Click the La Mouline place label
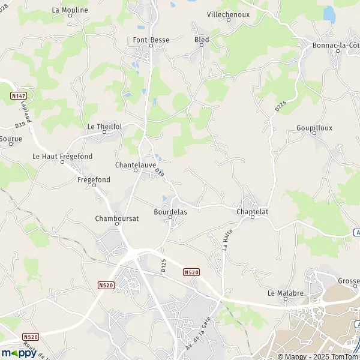point(70,10)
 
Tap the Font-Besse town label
point(151,40)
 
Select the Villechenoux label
point(227,13)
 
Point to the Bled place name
point(201,40)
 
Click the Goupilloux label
point(314,128)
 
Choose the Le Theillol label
point(104,127)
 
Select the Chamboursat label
point(117,218)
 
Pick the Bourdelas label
point(170,212)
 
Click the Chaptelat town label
point(251,211)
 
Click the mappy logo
point(19,353)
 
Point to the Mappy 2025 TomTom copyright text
point(320,356)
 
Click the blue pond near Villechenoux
point(329,13)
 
